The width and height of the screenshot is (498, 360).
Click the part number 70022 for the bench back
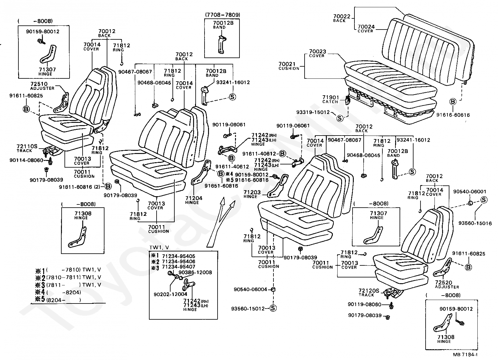341,17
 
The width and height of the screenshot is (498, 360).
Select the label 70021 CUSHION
289,66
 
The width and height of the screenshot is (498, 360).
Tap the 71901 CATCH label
330,99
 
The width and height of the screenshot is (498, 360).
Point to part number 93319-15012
313,112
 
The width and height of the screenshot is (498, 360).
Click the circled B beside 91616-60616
453,102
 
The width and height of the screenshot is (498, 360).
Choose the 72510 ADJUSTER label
42,86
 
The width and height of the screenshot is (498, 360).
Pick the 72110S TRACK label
27,148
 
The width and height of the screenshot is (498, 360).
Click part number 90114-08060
26,160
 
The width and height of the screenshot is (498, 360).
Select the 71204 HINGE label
194,200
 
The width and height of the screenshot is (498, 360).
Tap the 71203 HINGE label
252,194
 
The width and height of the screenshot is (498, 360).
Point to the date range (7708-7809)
222,15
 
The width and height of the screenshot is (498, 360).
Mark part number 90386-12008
195,272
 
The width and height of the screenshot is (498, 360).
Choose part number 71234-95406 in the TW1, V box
178,262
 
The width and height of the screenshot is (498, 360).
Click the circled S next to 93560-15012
273,308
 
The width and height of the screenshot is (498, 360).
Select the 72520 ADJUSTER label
447,284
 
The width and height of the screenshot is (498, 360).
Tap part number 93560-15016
475,223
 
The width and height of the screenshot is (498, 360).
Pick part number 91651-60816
221,186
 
